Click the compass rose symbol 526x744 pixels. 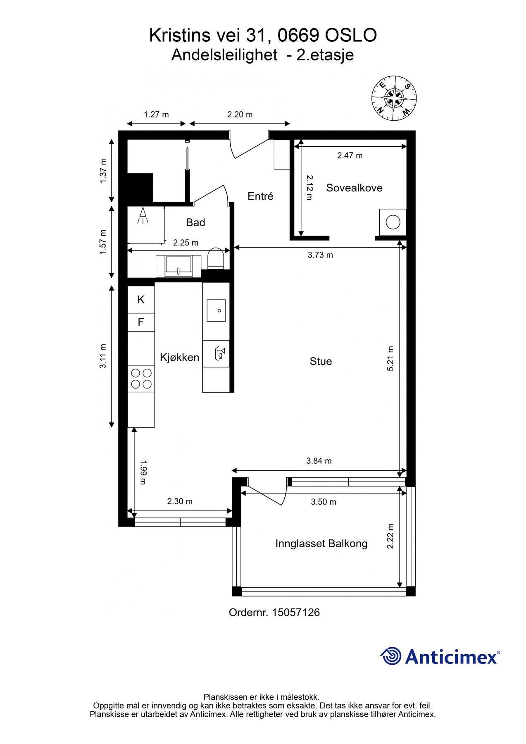(394, 98)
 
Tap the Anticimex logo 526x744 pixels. (440, 656)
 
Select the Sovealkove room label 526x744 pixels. (354, 188)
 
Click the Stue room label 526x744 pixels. (321, 361)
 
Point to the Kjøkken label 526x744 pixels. (180, 357)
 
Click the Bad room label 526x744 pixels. (195, 222)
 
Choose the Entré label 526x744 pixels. (260, 196)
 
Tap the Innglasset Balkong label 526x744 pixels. (321, 544)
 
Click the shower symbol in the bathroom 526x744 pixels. (143, 216)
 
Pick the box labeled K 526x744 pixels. (141, 300)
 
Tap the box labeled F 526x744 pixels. (141, 322)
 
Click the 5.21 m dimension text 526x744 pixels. (390, 358)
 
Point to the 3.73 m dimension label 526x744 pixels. (320, 255)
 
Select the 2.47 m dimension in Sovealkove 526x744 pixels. (350, 155)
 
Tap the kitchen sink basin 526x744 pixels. (216, 310)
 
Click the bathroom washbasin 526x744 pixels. (179, 266)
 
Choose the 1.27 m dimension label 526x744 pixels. (156, 114)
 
